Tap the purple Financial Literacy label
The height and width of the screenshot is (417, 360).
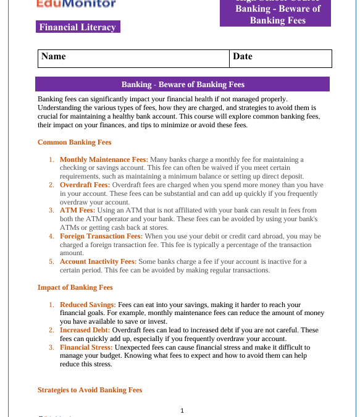[77, 27]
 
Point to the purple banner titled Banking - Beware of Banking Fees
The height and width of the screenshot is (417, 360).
[183, 85]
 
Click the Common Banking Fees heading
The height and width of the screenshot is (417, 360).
[74, 143]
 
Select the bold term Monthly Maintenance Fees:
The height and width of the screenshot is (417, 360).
[104, 160]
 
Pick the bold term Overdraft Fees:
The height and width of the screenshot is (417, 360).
[85, 185]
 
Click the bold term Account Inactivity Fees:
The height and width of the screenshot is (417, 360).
[98, 262]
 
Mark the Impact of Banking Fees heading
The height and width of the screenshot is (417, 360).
[75, 288]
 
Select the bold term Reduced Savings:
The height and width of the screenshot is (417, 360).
[88, 305]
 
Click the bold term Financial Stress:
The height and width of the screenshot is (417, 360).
[86, 348]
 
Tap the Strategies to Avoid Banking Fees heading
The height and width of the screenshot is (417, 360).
[90, 390]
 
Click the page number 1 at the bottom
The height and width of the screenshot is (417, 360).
[182, 410]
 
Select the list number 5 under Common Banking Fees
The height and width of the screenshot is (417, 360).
[51, 262]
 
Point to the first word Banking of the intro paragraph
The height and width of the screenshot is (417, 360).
[51, 99]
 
